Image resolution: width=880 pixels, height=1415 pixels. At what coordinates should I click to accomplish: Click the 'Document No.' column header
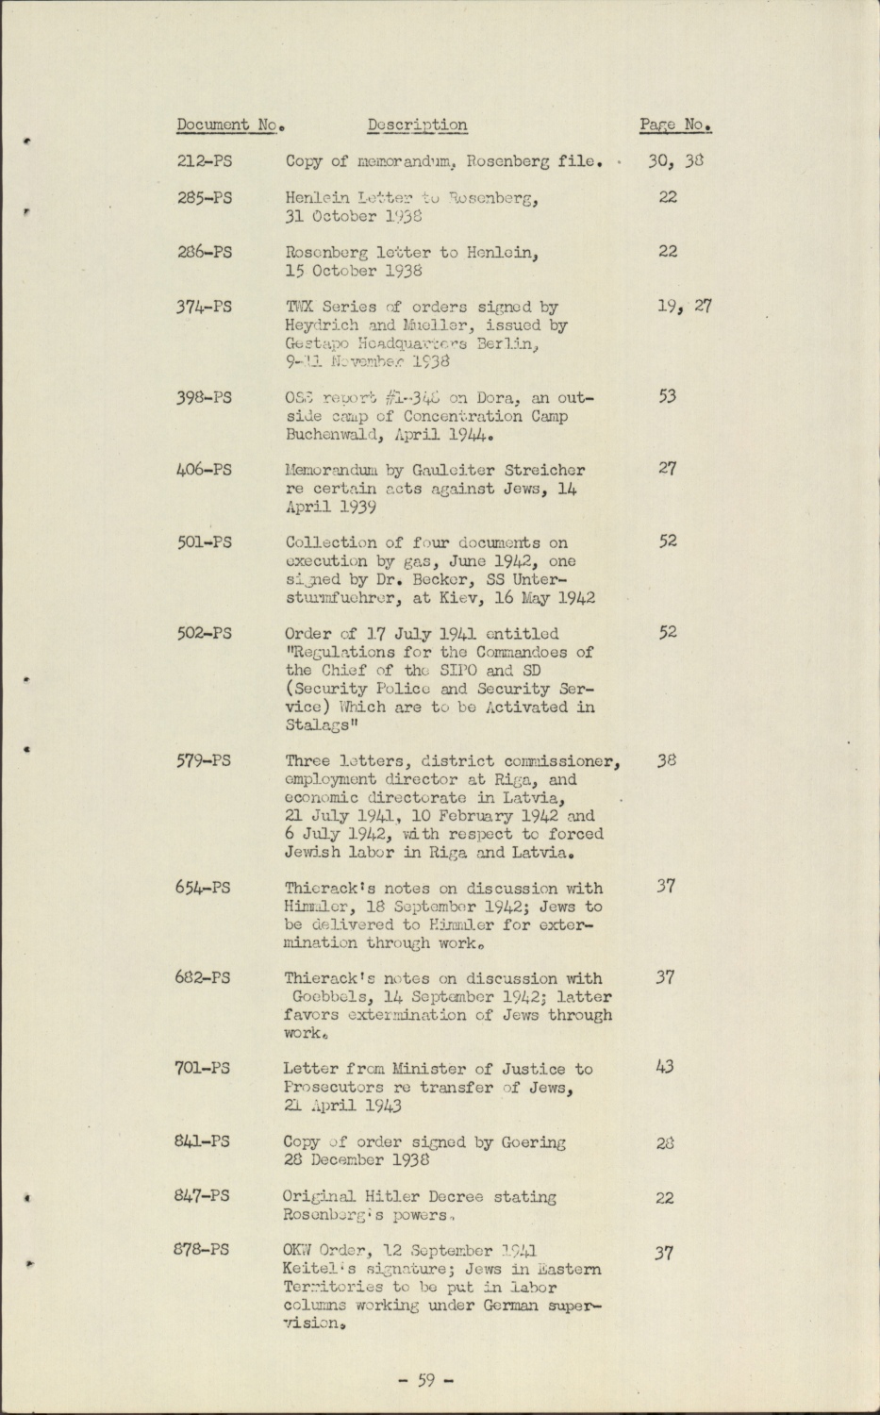[230, 125]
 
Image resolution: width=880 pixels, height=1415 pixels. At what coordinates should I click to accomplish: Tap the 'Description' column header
[417, 125]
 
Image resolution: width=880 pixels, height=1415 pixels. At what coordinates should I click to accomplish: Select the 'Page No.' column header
[674, 125]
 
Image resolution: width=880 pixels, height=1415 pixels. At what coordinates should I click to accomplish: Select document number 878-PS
[203, 1251]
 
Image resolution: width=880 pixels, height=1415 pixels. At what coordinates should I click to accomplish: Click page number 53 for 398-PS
[667, 396]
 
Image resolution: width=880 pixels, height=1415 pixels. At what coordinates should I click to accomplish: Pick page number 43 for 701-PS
[666, 1068]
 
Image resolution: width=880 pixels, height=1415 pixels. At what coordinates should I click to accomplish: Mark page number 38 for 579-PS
[667, 760]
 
